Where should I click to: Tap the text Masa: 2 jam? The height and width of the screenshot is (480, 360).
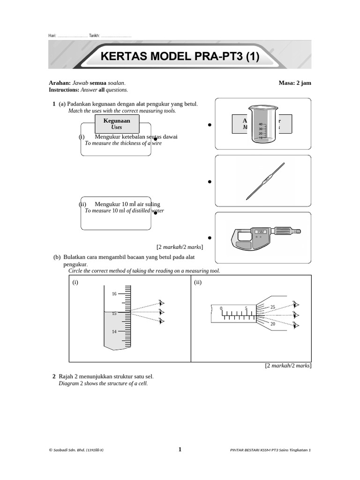point(294,83)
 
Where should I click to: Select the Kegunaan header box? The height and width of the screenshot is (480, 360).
point(116,124)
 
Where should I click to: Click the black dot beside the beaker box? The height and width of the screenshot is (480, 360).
point(209,125)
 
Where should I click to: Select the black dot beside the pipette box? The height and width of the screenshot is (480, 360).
point(209,181)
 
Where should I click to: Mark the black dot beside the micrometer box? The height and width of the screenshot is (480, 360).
point(209,238)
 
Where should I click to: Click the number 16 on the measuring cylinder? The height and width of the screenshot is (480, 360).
point(114,294)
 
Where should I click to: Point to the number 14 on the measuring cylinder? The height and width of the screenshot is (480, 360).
point(114,332)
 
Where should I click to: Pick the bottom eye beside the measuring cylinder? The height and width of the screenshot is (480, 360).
point(162,321)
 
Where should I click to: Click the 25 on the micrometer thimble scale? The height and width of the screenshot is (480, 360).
point(273,307)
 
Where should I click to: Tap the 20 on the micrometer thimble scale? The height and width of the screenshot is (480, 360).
point(273,324)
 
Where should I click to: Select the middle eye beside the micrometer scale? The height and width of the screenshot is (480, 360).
point(296,315)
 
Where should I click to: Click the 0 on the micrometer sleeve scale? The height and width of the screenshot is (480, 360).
point(220,308)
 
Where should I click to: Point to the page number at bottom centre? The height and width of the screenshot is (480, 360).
point(180,450)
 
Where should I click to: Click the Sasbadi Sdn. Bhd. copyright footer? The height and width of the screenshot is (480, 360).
point(76,450)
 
